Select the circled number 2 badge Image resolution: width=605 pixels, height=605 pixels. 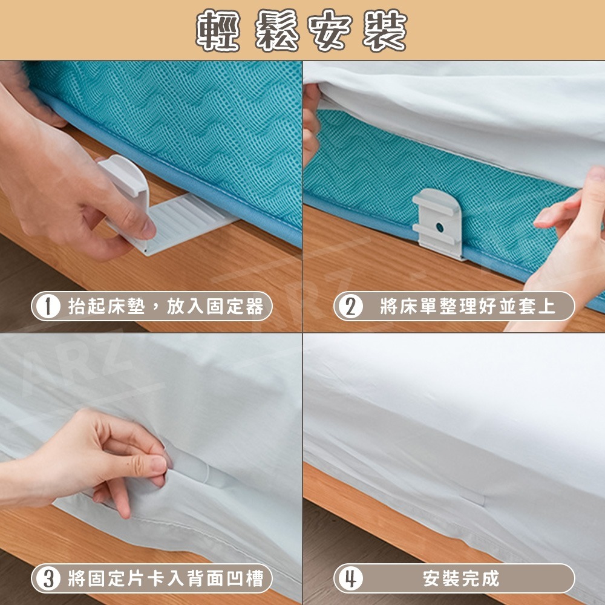pyautogui.click(x=349, y=307)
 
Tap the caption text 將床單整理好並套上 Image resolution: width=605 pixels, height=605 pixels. pyautogui.click(x=467, y=307)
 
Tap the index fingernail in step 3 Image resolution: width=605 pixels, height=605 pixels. pyautogui.click(x=158, y=465)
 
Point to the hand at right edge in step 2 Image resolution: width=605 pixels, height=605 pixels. pyautogui.click(x=569, y=242)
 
